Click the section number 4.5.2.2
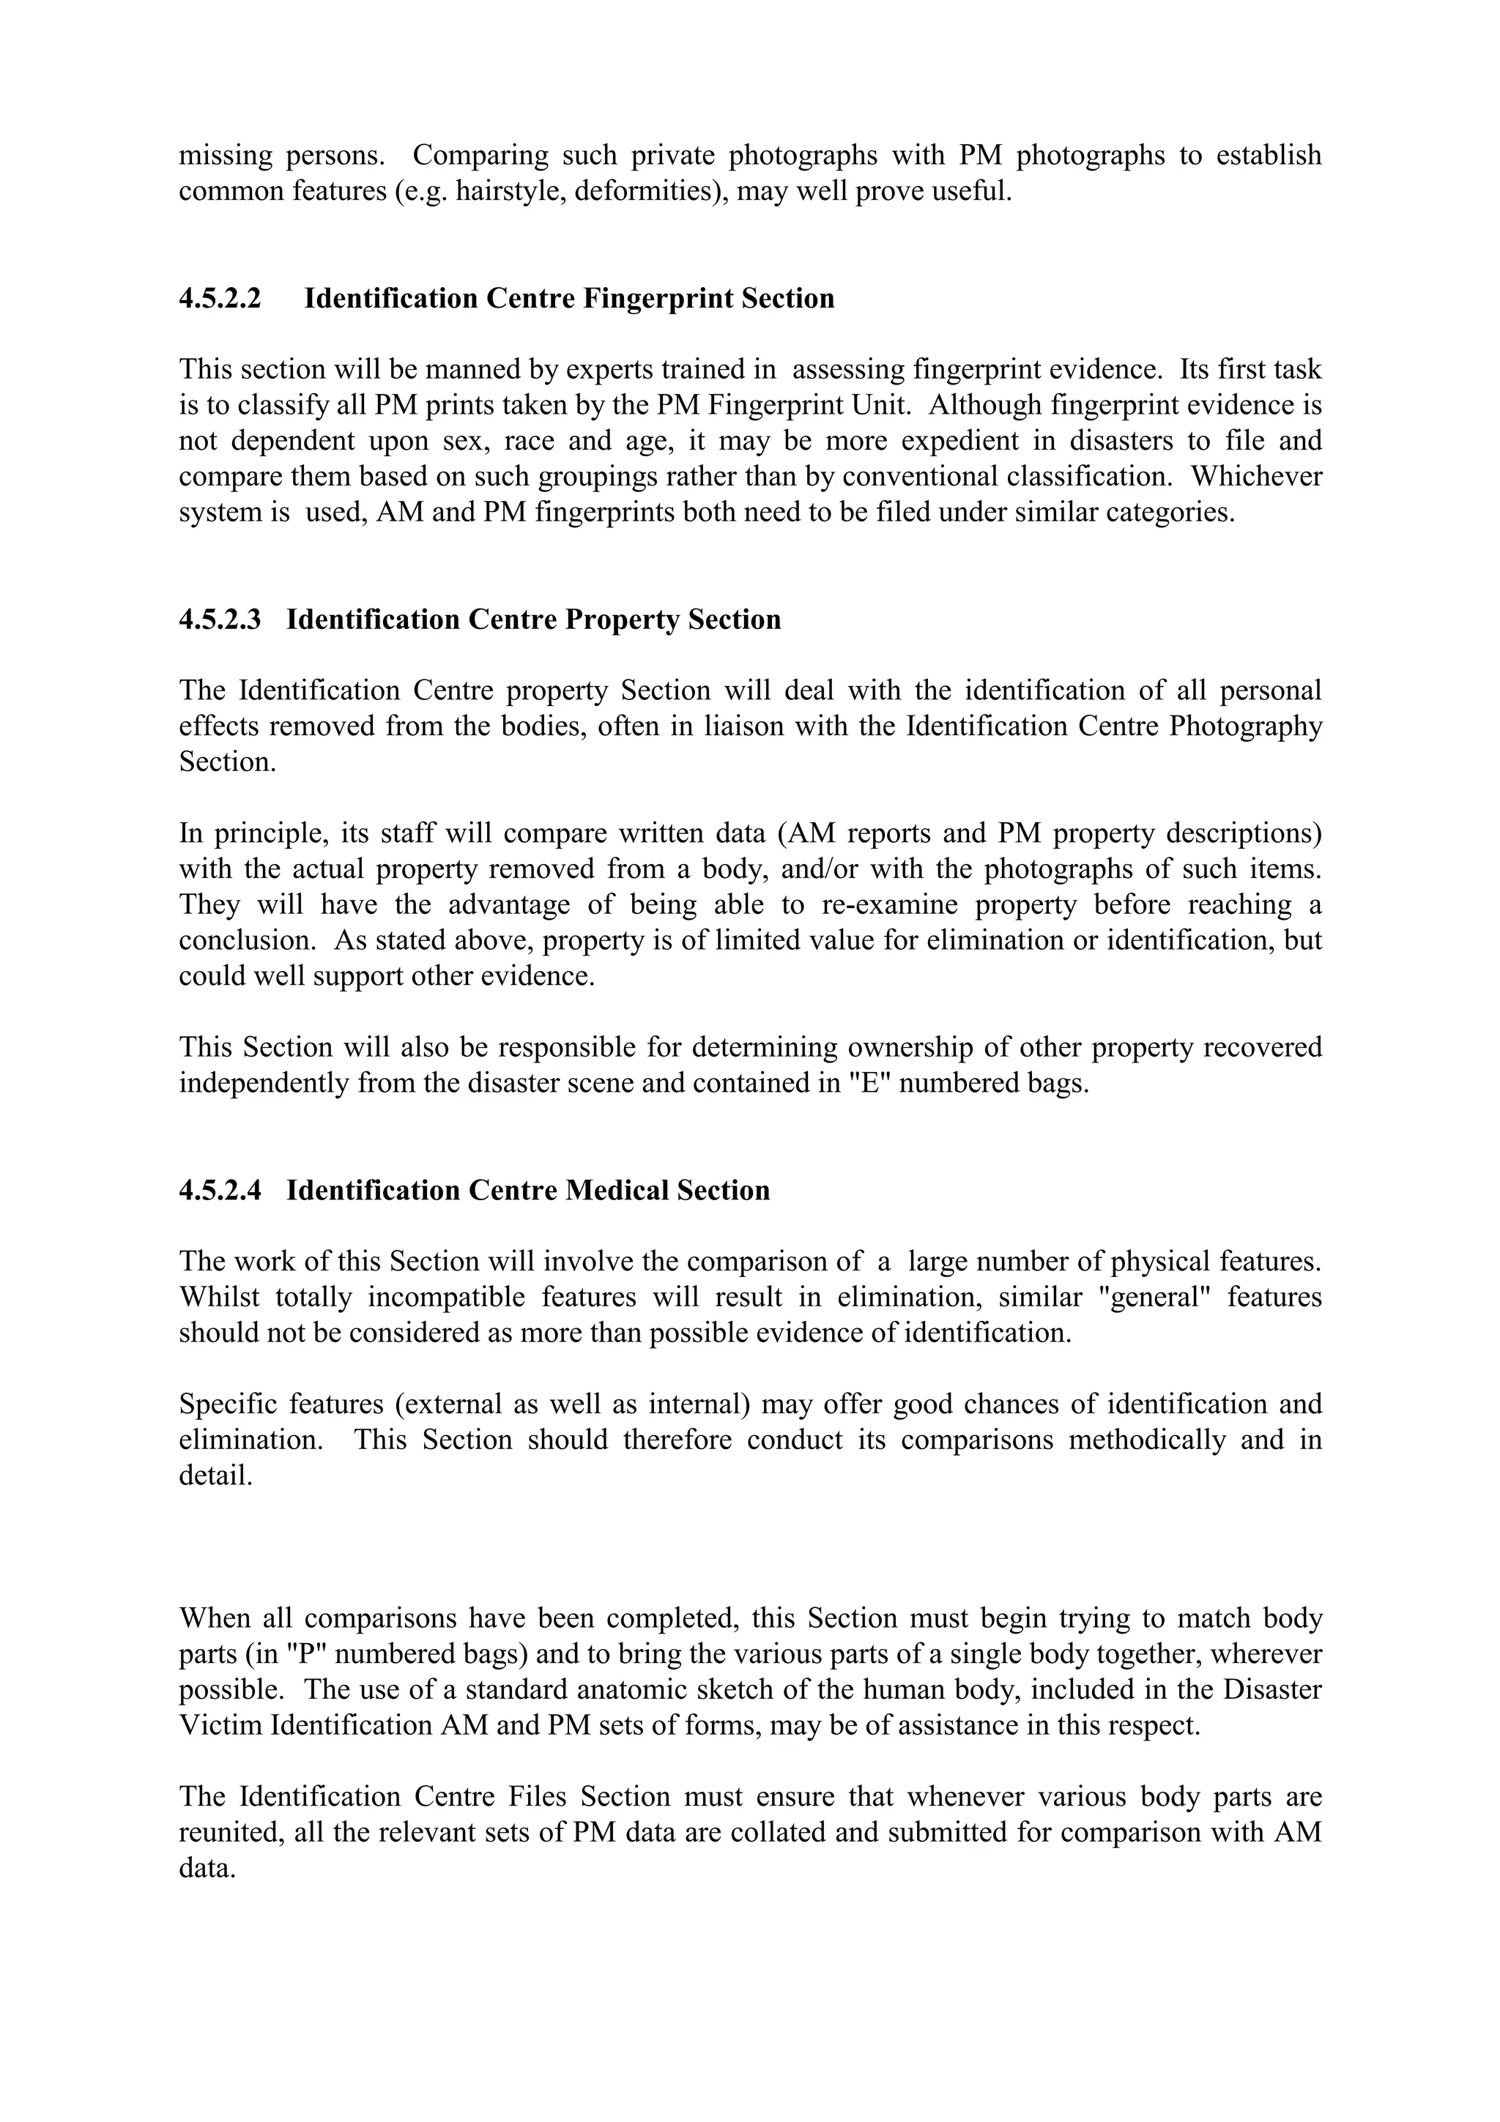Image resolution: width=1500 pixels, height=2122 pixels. pos(220,299)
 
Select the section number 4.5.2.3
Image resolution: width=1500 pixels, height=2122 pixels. pos(220,619)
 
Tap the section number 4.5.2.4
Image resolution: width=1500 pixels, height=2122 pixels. pos(220,1191)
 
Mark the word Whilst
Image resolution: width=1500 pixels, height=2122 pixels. pos(219,1298)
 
